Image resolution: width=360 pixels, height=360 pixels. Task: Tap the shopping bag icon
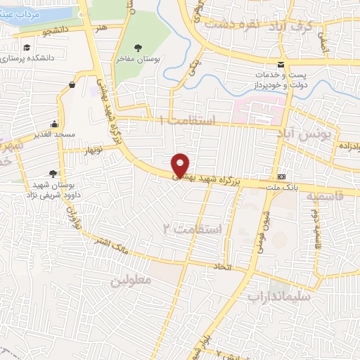click(x=72, y=84)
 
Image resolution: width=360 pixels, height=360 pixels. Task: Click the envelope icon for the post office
click(x=281, y=65)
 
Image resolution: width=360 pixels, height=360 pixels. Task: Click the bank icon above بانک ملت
click(x=282, y=176)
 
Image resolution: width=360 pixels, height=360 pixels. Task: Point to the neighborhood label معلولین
click(x=131, y=279)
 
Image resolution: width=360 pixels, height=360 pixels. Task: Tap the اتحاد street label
click(x=226, y=269)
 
